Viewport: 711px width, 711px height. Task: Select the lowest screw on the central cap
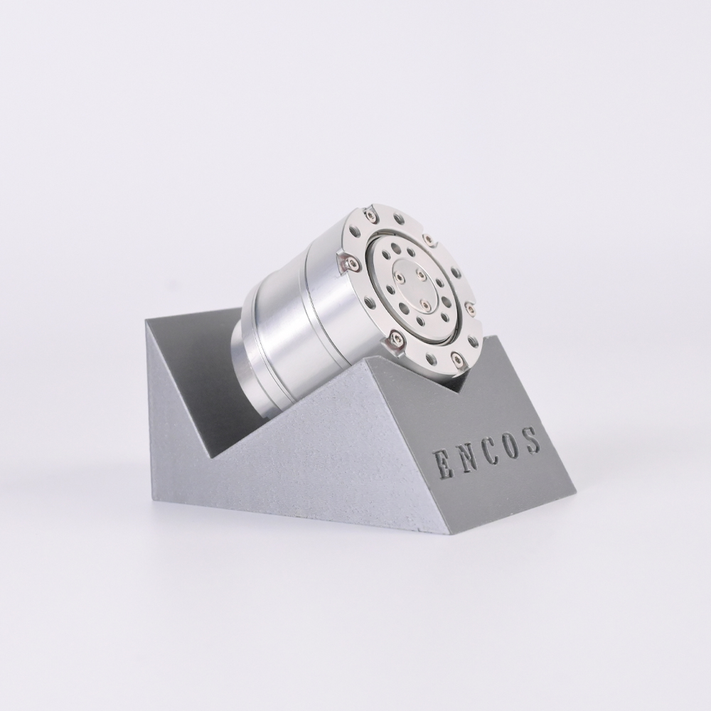(x=426, y=305)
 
